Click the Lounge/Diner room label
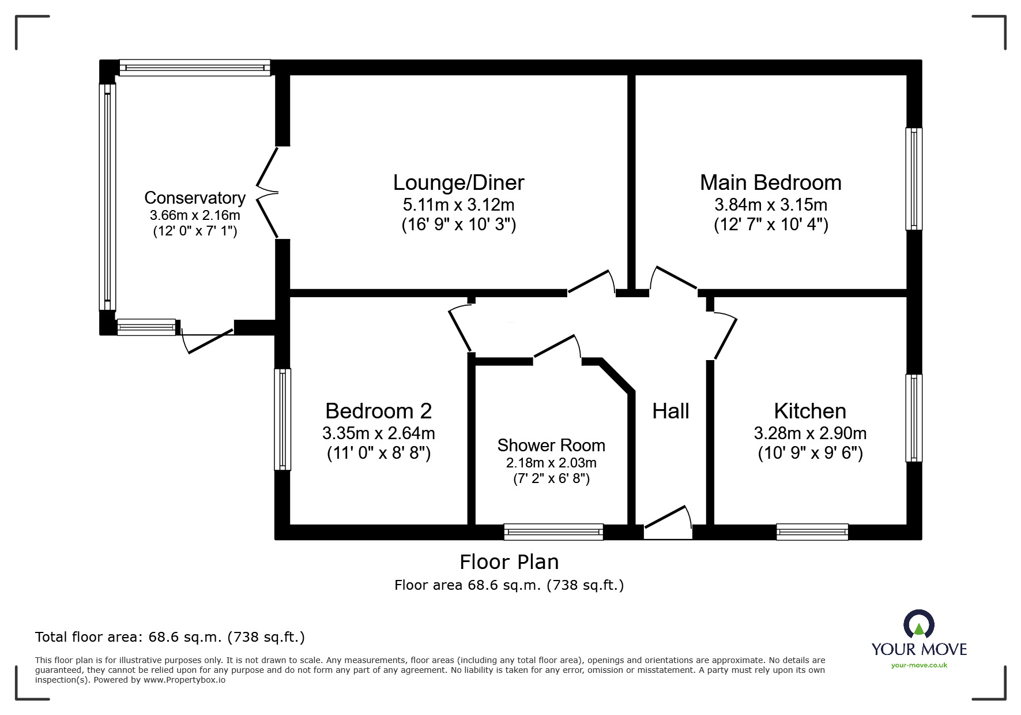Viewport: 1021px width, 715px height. pyautogui.click(x=458, y=183)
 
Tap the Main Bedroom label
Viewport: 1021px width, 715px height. pyautogui.click(x=770, y=183)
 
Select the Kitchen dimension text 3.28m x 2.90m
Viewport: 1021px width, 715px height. pyautogui.click(x=809, y=433)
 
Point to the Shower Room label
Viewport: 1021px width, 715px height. pyautogui.click(x=551, y=446)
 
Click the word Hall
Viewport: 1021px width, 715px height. pyautogui.click(x=670, y=411)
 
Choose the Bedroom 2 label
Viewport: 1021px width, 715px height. pyautogui.click(x=378, y=411)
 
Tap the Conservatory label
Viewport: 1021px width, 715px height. pyautogui.click(x=195, y=198)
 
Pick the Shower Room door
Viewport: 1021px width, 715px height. pyautogui.click(x=557, y=349)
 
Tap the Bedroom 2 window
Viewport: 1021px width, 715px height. pyautogui.click(x=282, y=419)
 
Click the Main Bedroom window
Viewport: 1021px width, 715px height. pyautogui.click(x=913, y=179)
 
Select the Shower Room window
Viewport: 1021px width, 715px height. pyautogui.click(x=553, y=532)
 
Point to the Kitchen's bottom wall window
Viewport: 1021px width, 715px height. pyautogui.click(x=812, y=532)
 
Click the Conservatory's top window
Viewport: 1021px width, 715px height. pyautogui.click(x=195, y=68)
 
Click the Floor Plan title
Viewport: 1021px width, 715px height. pyautogui.click(x=508, y=562)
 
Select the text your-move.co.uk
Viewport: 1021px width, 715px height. pyautogui.click(x=919, y=665)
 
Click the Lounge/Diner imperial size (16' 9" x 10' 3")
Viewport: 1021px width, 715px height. pyautogui.click(x=458, y=224)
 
